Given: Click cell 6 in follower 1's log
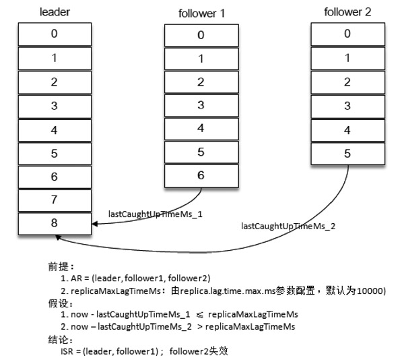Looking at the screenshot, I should pos(201,175).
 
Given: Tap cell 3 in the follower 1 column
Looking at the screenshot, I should pos(201,104).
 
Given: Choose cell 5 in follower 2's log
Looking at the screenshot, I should pos(347,153).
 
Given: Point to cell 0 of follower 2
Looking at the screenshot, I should pos(347,33).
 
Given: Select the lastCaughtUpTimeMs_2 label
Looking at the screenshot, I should pos(288,227).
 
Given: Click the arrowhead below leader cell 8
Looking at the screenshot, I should pos(59,237).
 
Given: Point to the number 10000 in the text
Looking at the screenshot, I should pos(370,291).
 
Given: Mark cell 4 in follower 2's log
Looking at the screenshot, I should pos(347,129).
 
